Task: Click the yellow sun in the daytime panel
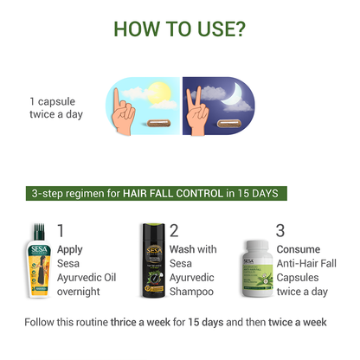[159, 93]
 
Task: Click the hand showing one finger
[122, 112]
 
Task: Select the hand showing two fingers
[196, 111]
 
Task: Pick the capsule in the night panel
[228, 124]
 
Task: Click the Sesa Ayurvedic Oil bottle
[39, 260]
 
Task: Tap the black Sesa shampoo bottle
[153, 260]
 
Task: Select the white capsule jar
[258, 269]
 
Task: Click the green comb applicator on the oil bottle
[39, 231]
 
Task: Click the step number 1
[61, 230]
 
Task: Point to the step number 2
[174, 230]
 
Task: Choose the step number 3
[280, 230]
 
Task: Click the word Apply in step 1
[70, 250]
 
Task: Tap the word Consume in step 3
[299, 249]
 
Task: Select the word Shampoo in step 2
[191, 292]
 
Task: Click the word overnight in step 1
[79, 292]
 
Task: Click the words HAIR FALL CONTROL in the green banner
[173, 193]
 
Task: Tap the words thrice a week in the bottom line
[140, 322]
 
